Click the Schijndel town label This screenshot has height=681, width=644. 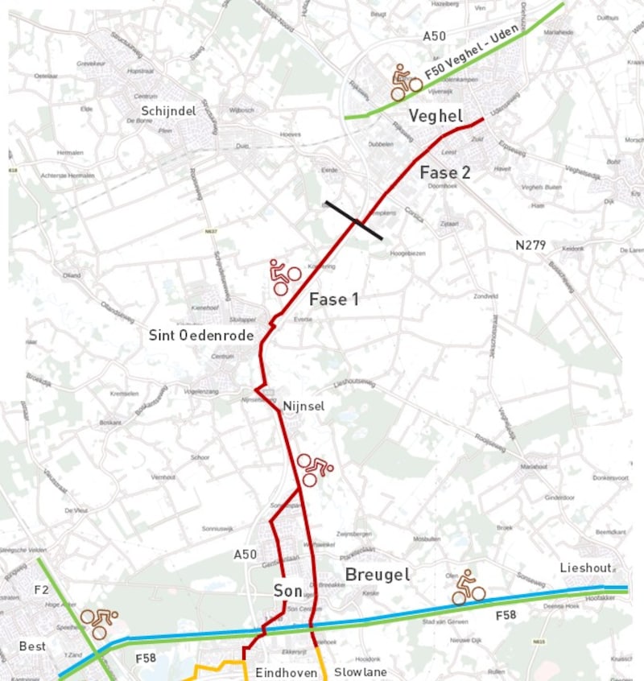(168, 111)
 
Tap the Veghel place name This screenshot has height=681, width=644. (435, 116)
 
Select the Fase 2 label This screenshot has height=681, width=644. (444, 172)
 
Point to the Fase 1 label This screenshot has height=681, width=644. (334, 299)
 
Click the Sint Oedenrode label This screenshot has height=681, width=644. (201, 335)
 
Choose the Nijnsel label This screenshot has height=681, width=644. (303, 407)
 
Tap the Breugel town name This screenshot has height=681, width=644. (377, 574)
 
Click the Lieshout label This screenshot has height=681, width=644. (586, 568)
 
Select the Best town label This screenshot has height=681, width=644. (33, 646)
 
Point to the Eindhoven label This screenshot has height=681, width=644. (286, 672)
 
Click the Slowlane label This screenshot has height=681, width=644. (361, 672)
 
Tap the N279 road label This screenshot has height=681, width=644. (532, 244)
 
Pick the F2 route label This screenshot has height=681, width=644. (41, 590)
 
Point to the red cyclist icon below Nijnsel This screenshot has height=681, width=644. (315, 469)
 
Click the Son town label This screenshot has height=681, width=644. (287, 591)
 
